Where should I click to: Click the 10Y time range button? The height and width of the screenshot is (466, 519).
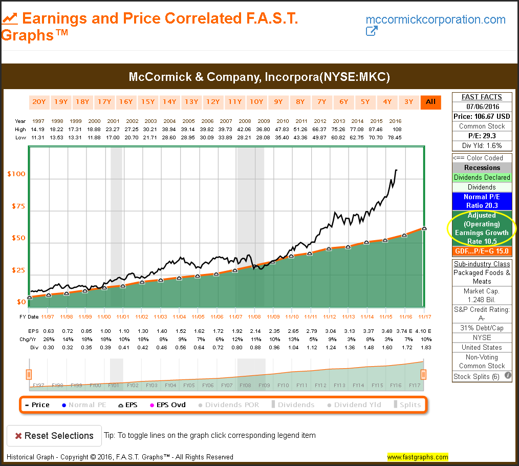click(256, 101)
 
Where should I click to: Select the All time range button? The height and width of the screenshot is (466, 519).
click(430, 101)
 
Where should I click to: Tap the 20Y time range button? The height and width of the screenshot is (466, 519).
click(39, 101)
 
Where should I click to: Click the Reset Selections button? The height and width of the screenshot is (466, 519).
click(54, 436)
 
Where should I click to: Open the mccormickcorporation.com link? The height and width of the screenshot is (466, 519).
click(436, 20)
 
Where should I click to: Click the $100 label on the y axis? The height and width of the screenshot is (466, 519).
click(16, 174)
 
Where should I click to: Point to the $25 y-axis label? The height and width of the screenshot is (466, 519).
click(17, 270)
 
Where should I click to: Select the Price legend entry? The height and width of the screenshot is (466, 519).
click(37, 405)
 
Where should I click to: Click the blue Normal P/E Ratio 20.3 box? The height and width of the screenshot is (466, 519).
click(482, 201)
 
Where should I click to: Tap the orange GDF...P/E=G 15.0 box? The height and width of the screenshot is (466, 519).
click(482, 251)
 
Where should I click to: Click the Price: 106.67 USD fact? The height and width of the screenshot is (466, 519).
click(482, 116)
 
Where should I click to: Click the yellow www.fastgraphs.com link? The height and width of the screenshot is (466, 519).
click(417, 457)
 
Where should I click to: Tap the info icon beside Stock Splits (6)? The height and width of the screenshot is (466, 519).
click(508, 375)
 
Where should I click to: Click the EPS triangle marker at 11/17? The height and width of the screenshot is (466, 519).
click(424, 229)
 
